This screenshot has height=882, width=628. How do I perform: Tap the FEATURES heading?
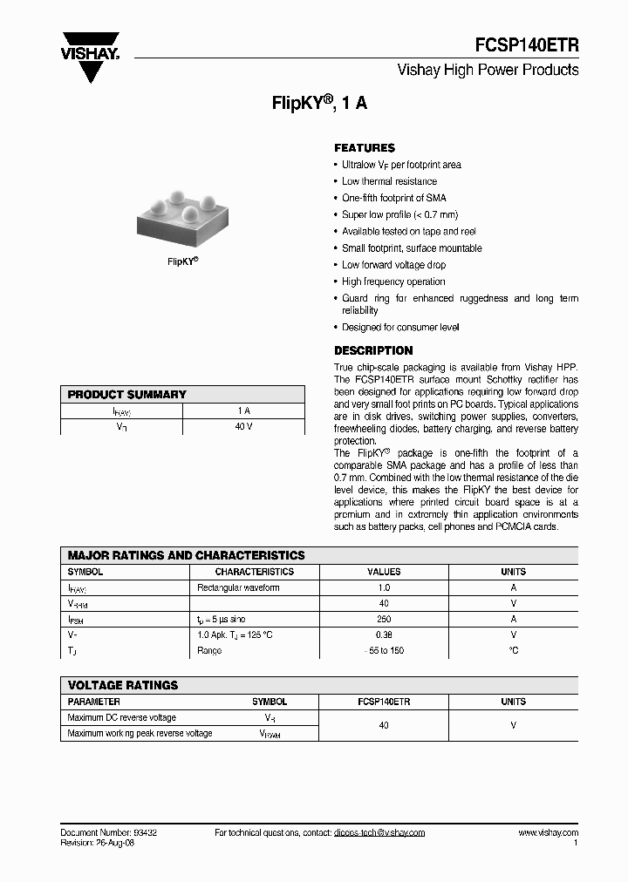tap(365, 148)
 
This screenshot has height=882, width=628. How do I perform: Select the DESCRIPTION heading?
tap(373, 350)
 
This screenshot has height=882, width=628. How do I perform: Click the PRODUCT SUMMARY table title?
tap(127, 395)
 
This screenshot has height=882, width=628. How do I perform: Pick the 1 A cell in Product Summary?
tap(243, 410)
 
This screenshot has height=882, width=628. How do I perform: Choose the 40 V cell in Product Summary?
tap(243, 427)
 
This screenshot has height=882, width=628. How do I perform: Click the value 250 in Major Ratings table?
tap(384, 620)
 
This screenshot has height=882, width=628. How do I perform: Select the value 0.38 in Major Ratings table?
tap(384, 635)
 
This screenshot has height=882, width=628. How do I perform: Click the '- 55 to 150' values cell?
tap(384, 651)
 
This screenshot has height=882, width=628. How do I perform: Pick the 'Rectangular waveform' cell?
tap(239, 588)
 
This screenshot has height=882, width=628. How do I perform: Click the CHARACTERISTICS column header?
tap(255, 573)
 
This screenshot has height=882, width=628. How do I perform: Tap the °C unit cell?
tap(513, 651)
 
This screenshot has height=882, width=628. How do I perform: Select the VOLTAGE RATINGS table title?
tap(123, 685)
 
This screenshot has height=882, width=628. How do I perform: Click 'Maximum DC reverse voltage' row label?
tap(122, 718)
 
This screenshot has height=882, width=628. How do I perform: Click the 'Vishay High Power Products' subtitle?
tap(488, 70)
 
